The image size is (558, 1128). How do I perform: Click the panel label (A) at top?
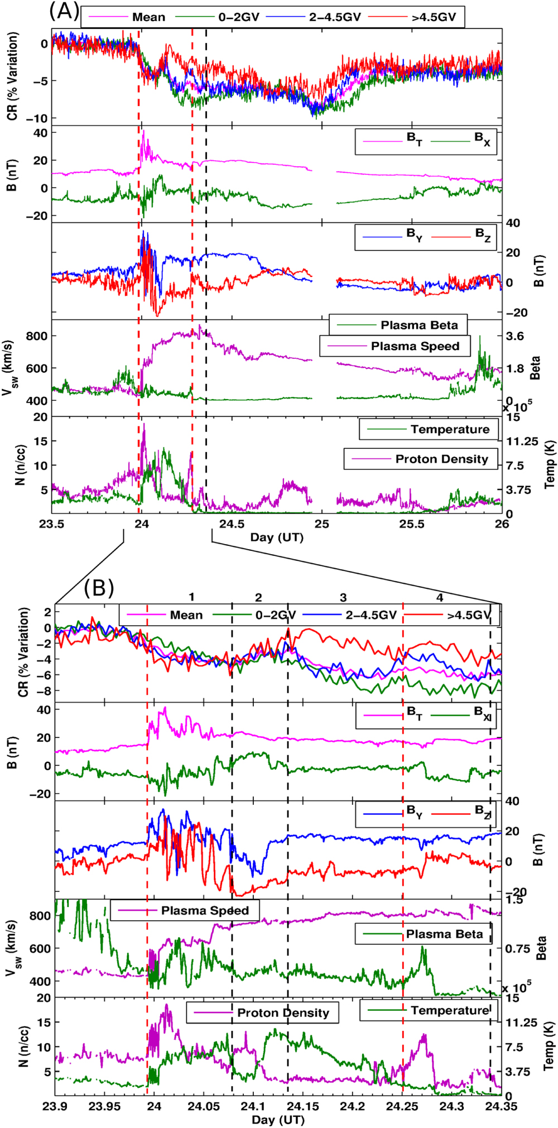point(64,11)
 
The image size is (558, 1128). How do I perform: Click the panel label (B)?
point(99,587)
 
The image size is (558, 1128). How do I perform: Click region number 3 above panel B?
point(343,598)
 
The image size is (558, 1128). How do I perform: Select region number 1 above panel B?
point(191,597)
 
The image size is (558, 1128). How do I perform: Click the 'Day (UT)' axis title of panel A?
point(276,537)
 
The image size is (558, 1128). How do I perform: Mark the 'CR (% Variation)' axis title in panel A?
point(12,76)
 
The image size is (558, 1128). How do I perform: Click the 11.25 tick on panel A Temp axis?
point(522,441)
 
